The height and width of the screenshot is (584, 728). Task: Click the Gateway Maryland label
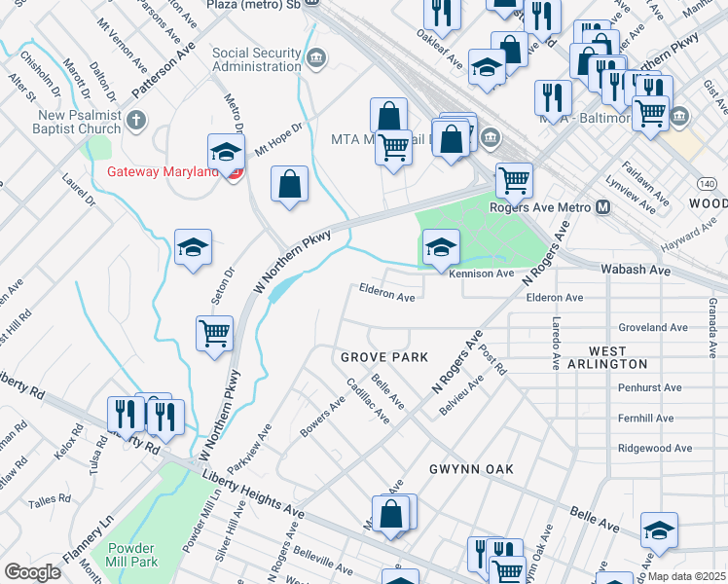[x=163, y=172]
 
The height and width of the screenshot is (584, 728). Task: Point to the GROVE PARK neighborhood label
[x=384, y=358]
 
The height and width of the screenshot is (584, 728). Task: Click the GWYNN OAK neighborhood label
[x=471, y=469]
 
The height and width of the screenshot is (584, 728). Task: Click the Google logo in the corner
[x=32, y=572]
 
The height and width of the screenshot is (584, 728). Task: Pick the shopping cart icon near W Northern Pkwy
[x=214, y=334]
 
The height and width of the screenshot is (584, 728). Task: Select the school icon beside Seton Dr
[x=193, y=246]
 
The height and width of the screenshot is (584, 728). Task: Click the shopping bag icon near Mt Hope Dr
[x=290, y=184]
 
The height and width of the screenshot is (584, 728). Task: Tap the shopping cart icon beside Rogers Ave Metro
[x=514, y=180]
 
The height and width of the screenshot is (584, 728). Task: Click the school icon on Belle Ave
[x=659, y=529]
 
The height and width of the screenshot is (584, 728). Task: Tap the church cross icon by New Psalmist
[x=135, y=122]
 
